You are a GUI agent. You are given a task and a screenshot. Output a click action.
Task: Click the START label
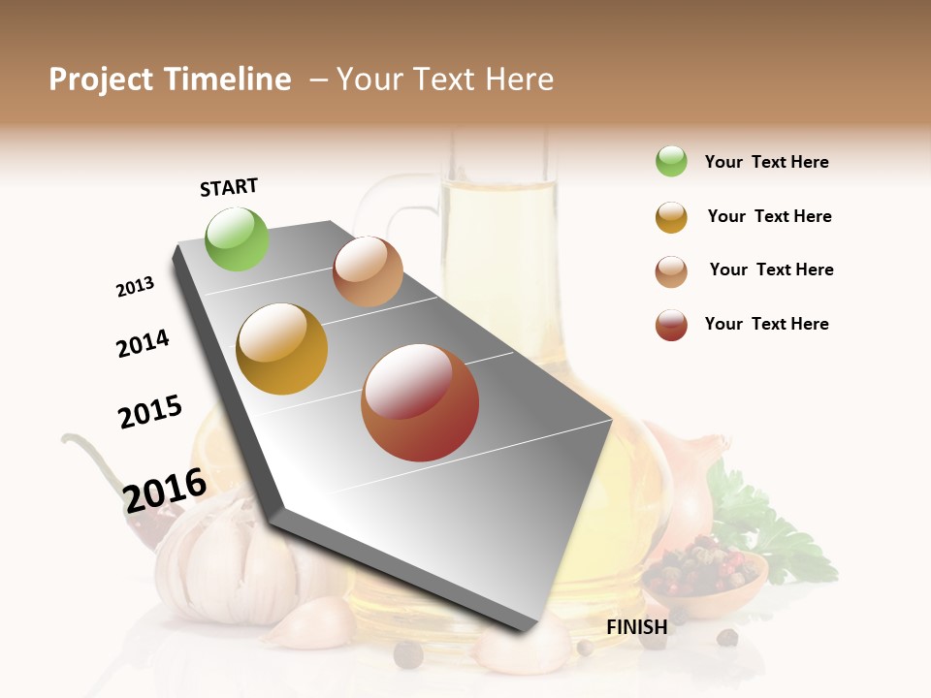(x=229, y=187)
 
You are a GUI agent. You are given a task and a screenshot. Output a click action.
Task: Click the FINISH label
(x=636, y=627)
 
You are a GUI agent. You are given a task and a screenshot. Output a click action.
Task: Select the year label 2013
(x=135, y=287)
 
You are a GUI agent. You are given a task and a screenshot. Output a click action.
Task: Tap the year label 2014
(x=143, y=343)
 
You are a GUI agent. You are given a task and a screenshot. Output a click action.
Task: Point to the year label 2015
(x=150, y=411)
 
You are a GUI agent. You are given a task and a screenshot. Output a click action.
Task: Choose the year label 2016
(x=165, y=490)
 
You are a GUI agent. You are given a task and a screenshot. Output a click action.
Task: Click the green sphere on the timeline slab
(x=238, y=238)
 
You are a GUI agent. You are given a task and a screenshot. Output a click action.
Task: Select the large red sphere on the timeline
(x=420, y=402)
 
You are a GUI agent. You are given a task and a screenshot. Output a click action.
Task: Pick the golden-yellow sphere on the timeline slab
(x=282, y=349)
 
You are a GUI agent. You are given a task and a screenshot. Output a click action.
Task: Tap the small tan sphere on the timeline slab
(x=368, y=271)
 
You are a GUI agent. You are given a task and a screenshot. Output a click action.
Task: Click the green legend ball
(x=671, y=162)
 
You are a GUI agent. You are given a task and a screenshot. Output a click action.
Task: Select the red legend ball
(x=671, y=325)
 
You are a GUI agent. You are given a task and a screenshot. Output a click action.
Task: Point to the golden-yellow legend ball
(x=671, y=217)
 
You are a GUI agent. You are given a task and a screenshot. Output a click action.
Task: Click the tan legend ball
(x=671, y=271)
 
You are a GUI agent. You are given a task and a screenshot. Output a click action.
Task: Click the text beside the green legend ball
(x=766, y=162)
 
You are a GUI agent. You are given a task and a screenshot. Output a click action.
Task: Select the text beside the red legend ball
(x=766, y=324)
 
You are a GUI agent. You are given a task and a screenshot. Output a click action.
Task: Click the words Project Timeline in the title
(x=170, y=79)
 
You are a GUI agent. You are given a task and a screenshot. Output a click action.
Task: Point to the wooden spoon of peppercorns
(x=708, y=577)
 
